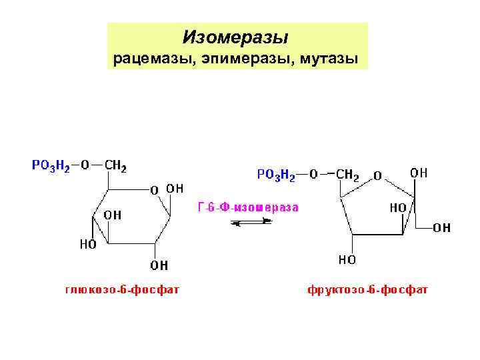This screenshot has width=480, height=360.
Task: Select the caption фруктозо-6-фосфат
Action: click(x=368, y=290)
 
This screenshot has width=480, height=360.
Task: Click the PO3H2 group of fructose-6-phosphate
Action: click(x=277, y=175)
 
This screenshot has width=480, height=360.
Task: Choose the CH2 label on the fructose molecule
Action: click(x=347, y=175)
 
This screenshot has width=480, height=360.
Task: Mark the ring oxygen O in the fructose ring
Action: click(x=377, y=176)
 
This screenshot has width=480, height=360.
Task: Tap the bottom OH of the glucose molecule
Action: click(x=159, y=265)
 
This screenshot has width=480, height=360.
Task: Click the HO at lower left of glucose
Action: click(x=89, y=244)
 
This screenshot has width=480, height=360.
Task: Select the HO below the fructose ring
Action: click(x=347, y=259)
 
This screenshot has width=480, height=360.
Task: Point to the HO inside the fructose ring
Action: click(x=399, y=207)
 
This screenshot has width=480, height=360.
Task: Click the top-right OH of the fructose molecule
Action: click(x=419, y=173)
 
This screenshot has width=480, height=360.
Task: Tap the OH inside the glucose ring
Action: click(x=111, y=215)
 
